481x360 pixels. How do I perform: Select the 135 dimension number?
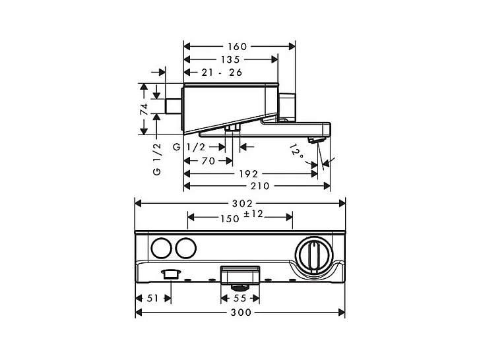point(230,59)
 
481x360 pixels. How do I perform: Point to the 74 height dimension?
point(142,109)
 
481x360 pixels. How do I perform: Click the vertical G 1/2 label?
point(156,159)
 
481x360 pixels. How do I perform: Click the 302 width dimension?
point(240,203)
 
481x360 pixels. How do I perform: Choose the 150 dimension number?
point(230,218)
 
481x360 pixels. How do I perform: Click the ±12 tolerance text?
point(253,214)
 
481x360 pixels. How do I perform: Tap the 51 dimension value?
point(151,299)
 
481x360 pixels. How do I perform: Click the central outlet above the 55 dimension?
point(240,277)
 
